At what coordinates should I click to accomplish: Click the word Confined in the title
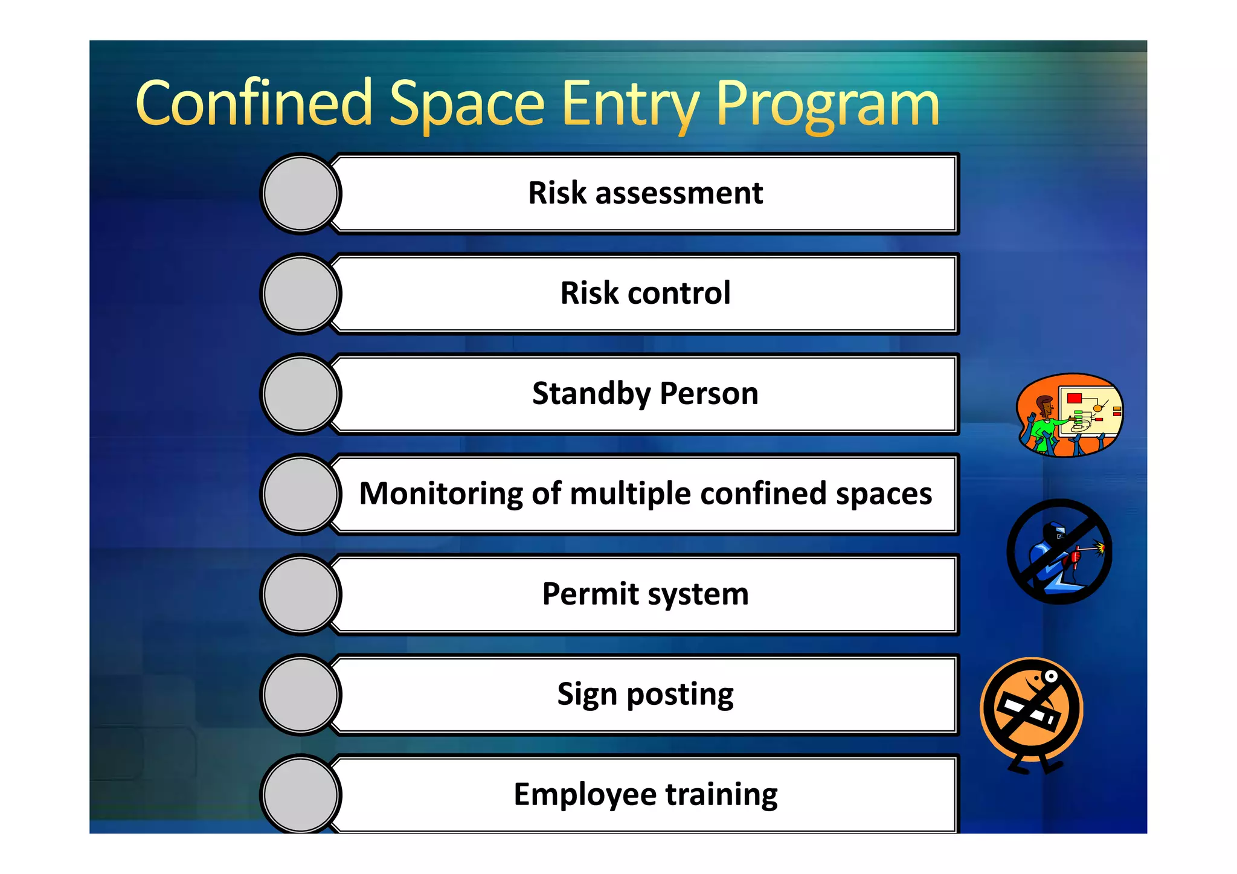pos(254,104)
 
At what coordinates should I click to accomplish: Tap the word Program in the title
pos(827,104)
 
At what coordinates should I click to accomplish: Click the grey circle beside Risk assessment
pos(301,193)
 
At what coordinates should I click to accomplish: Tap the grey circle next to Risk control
pos(301,294)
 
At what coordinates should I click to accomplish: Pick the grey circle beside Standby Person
pos(301,394)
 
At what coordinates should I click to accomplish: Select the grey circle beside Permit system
pos(301,594)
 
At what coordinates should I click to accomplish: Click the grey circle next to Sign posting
pos(301,695)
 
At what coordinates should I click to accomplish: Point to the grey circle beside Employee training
pos(301,794)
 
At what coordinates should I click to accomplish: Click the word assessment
pos(679,193)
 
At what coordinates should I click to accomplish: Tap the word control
pos(679,294)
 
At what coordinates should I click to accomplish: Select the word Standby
pos(591,394)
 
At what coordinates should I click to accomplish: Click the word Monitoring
pos(441,494)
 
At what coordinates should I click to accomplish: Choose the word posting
pos(680,695)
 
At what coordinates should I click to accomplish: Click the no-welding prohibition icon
pos(1059,551)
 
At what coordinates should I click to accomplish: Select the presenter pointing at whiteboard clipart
pos(1070,415)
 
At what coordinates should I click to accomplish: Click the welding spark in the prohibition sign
pos(1100,548)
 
